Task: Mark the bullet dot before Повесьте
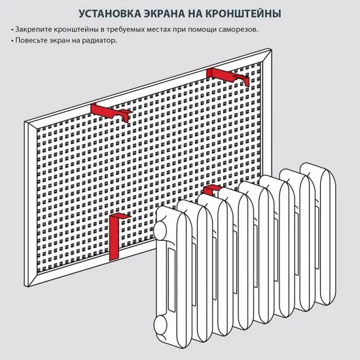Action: [12, 41]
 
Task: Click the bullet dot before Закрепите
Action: [12, 30]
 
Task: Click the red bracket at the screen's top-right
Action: [226, 75]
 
